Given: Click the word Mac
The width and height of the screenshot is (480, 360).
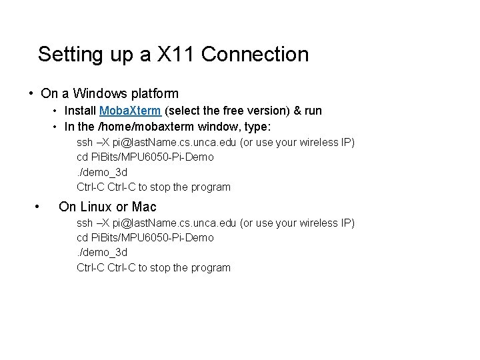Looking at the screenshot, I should click(x=144, y=207).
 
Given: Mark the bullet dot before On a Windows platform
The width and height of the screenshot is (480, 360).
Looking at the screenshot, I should click(x=31, y=93).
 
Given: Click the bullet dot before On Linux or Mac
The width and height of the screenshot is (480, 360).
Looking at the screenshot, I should click(x=37, y=207).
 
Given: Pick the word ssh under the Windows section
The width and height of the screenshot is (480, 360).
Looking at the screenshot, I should click(x=85, y=142).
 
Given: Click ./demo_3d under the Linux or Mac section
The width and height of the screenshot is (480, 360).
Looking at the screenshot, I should click(x=102, y=253).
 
